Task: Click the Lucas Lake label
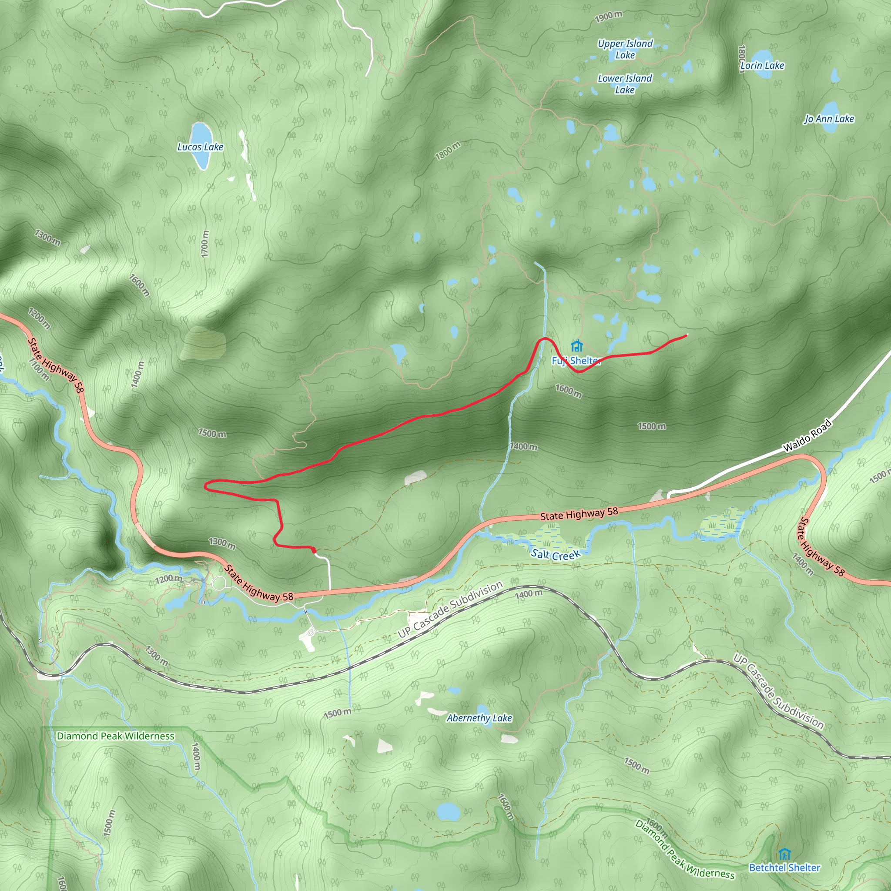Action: coord(200,147)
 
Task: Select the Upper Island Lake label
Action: coord(625,49)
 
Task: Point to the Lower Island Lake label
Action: coord(624,84)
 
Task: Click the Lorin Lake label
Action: coord(762,66)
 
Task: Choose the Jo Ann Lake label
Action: coord(829,119)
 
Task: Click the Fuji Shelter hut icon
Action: coord(576,346)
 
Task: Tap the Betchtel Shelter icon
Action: coord(784,854)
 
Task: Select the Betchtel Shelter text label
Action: coord(784,868)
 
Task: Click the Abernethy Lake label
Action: coord(479,718)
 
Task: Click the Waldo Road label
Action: coord(807,436)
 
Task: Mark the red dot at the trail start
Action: coord(314,550)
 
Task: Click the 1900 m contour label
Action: coord(608,17)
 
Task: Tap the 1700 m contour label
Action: coord(205,244)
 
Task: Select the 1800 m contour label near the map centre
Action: coord(447,151)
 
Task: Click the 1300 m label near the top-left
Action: coord(47,238)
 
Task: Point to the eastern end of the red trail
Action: coord(687,335)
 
